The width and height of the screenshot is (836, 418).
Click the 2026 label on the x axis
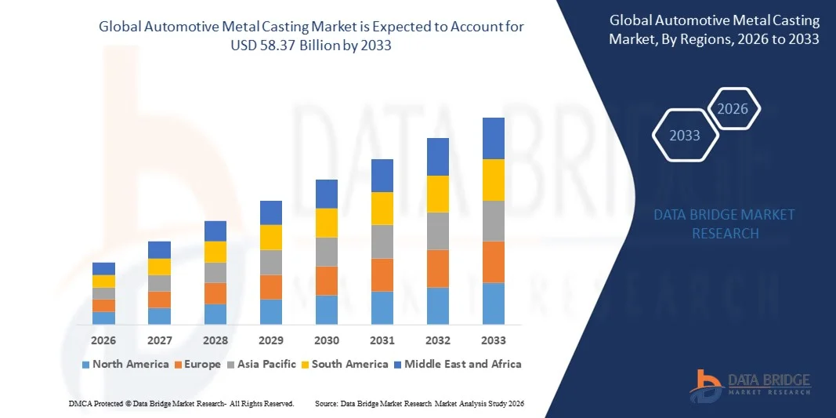point(103,340)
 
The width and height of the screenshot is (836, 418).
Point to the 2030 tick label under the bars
point(327,340)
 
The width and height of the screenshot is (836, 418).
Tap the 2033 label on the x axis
point(494,340)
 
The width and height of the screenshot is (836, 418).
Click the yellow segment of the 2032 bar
point(438,194)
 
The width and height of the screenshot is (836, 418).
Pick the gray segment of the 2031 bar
point(382,242)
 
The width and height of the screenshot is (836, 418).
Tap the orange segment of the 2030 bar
point(327,281)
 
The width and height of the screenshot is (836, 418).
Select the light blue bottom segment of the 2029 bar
point(271,311)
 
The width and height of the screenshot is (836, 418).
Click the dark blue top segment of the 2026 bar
point(103,268)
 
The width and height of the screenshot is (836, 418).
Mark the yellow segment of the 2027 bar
point(159,267)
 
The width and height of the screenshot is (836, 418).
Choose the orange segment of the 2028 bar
point(215,293)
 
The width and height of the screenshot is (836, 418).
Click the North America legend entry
point(125,364)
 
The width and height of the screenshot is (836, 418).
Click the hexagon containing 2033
point(685,136)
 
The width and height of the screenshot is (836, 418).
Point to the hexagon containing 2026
point(733,109)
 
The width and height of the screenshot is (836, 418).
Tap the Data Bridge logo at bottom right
point(751,383)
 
